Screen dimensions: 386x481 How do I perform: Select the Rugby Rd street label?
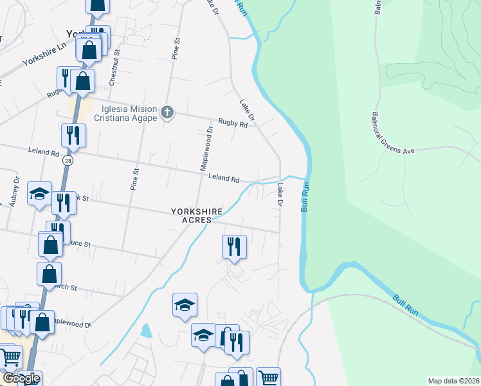(233, 123)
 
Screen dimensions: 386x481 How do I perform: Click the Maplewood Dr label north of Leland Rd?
(210, 147)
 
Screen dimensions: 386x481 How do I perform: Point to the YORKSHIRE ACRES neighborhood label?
(197, 215)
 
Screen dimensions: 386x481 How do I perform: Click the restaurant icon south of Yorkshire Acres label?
(234, 246)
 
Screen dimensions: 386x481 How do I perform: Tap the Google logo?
(21, 378)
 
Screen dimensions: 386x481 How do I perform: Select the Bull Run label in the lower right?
(406, 304)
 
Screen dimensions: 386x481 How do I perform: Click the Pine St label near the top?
(175, 49)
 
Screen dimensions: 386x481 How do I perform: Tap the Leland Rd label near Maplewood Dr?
(224, 178)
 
